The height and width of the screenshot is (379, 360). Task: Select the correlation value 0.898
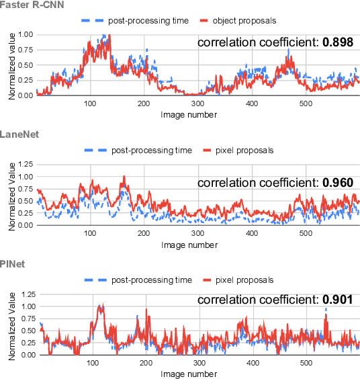tap(336, 42)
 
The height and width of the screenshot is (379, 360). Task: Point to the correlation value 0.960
tap(336, 182)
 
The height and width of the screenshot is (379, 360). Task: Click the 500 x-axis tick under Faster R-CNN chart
tap(306, 103)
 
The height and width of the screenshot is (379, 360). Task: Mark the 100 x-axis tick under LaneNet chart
tap(90, 233)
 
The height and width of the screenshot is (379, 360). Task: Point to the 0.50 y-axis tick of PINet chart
tap(28, 331)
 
